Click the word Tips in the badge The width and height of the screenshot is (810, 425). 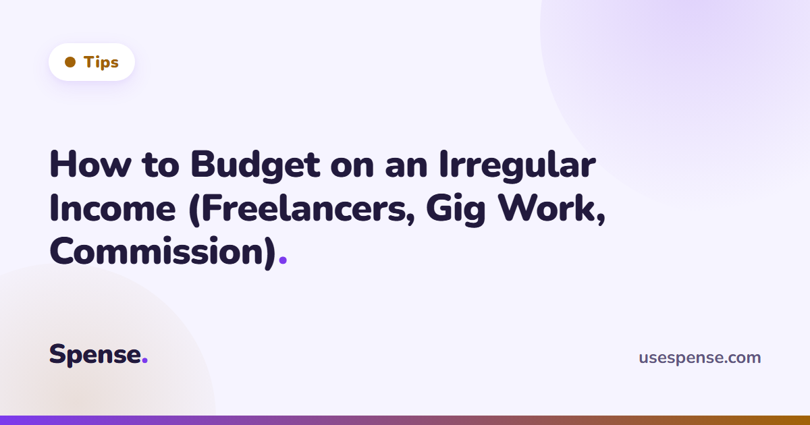[101, 62]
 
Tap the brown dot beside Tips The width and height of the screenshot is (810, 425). [70, 62]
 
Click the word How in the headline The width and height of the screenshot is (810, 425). [90, 165]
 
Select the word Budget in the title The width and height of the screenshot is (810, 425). [255, 166]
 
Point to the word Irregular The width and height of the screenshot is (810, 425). [518, 166]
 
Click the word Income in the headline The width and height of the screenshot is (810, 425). [113, 208]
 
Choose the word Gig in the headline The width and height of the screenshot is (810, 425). [456, 210]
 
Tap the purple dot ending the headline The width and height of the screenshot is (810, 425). [283, 260]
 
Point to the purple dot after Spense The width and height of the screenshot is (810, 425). [144, 360]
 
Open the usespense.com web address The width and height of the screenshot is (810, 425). [700, 358]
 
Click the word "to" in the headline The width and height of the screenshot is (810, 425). [161, 166]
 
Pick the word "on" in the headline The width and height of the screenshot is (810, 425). [352, 168]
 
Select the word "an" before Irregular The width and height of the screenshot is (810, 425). [406, 168]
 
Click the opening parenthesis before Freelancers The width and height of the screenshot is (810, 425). [194, 210]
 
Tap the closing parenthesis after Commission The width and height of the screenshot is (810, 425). [271, 252]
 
